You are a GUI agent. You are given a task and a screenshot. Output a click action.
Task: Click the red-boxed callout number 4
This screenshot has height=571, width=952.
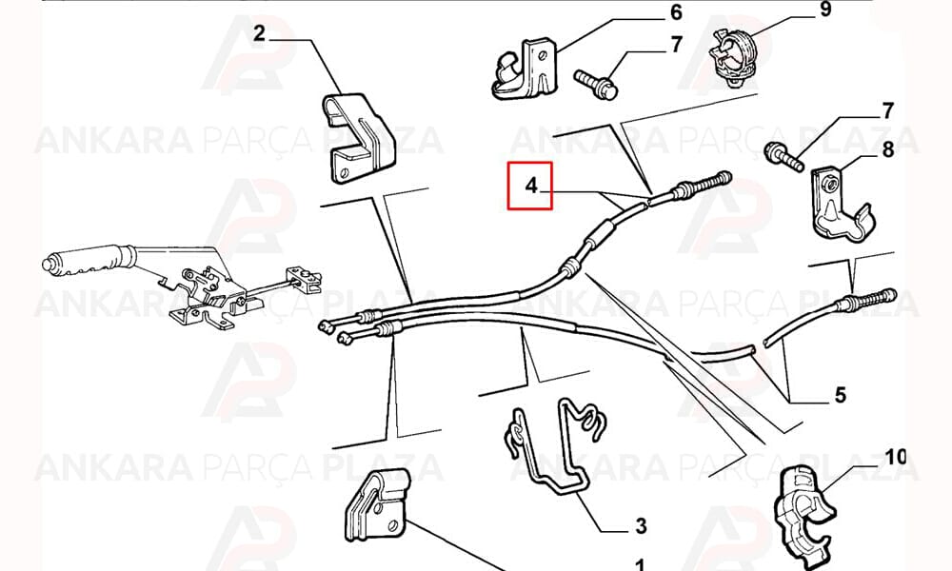(x=531, y=186)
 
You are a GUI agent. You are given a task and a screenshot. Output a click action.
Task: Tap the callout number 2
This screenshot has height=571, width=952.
(x=259, y=32)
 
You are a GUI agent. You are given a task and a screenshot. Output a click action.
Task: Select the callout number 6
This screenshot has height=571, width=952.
(x=676, y=12)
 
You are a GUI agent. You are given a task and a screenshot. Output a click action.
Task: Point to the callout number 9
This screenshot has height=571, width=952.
(x=824, y=10)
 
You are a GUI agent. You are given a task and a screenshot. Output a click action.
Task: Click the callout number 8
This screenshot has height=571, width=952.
(x=887, y=148)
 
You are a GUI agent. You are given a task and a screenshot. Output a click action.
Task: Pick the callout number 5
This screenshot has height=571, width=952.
(x=841, y=395)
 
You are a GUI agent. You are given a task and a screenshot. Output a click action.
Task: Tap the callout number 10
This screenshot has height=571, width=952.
(x=896, y=456)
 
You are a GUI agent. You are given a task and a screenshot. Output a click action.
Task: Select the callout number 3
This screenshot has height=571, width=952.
(x=641, y=525)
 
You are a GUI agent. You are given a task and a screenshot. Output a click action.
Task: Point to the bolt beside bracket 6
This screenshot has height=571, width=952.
(x=596, y=84)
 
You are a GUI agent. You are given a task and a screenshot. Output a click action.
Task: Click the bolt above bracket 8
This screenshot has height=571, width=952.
(x=783, y=155)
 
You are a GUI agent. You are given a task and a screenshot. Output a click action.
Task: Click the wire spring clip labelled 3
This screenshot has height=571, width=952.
(x=549, y=449)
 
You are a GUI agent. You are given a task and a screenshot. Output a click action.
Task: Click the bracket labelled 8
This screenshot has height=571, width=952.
(x=841, y=204)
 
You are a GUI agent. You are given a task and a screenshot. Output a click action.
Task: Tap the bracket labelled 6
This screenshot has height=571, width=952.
(x=525, y=69)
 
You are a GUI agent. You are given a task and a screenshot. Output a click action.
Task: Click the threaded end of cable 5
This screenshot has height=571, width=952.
(x=869, y=300)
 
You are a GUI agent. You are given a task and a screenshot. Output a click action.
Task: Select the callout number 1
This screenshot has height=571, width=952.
(x=640, y=565)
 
